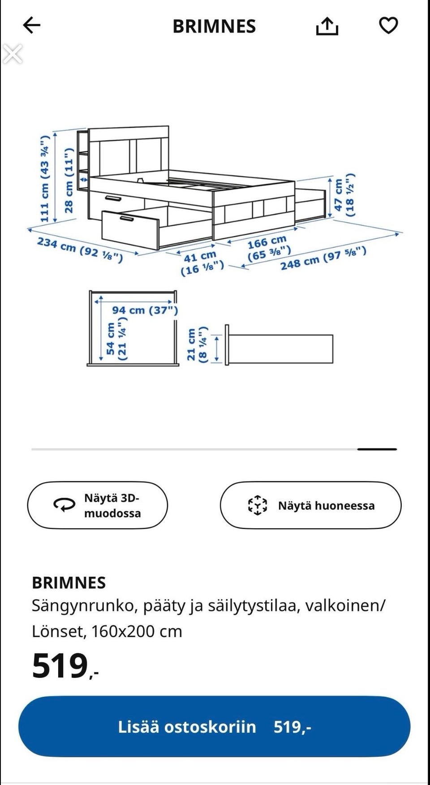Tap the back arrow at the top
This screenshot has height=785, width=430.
tap(31, 26)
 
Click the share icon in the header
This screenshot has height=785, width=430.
tap(327, 26)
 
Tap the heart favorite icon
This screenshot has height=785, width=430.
tap(388, 26)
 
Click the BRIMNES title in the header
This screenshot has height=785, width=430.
tap(214, 26)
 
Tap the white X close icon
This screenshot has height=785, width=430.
tap(12, 54)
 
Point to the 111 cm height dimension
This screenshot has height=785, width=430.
tap(44, 178)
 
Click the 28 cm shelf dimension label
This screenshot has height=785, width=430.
tap(68, 181)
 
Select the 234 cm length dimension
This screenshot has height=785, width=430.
tap(79, 250)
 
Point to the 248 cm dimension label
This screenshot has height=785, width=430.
tap(323, 258)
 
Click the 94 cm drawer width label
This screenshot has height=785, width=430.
tap(145, 310)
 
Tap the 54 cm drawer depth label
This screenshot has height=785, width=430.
tap(116, 339)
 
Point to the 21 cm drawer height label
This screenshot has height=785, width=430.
tap(197, 344)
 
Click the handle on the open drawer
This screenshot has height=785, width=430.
tap(127, 219)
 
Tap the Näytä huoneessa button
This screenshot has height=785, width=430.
tap(310, 505)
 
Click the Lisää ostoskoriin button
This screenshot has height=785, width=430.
tap(214, 727)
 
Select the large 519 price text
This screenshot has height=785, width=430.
tap(60, 666)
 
